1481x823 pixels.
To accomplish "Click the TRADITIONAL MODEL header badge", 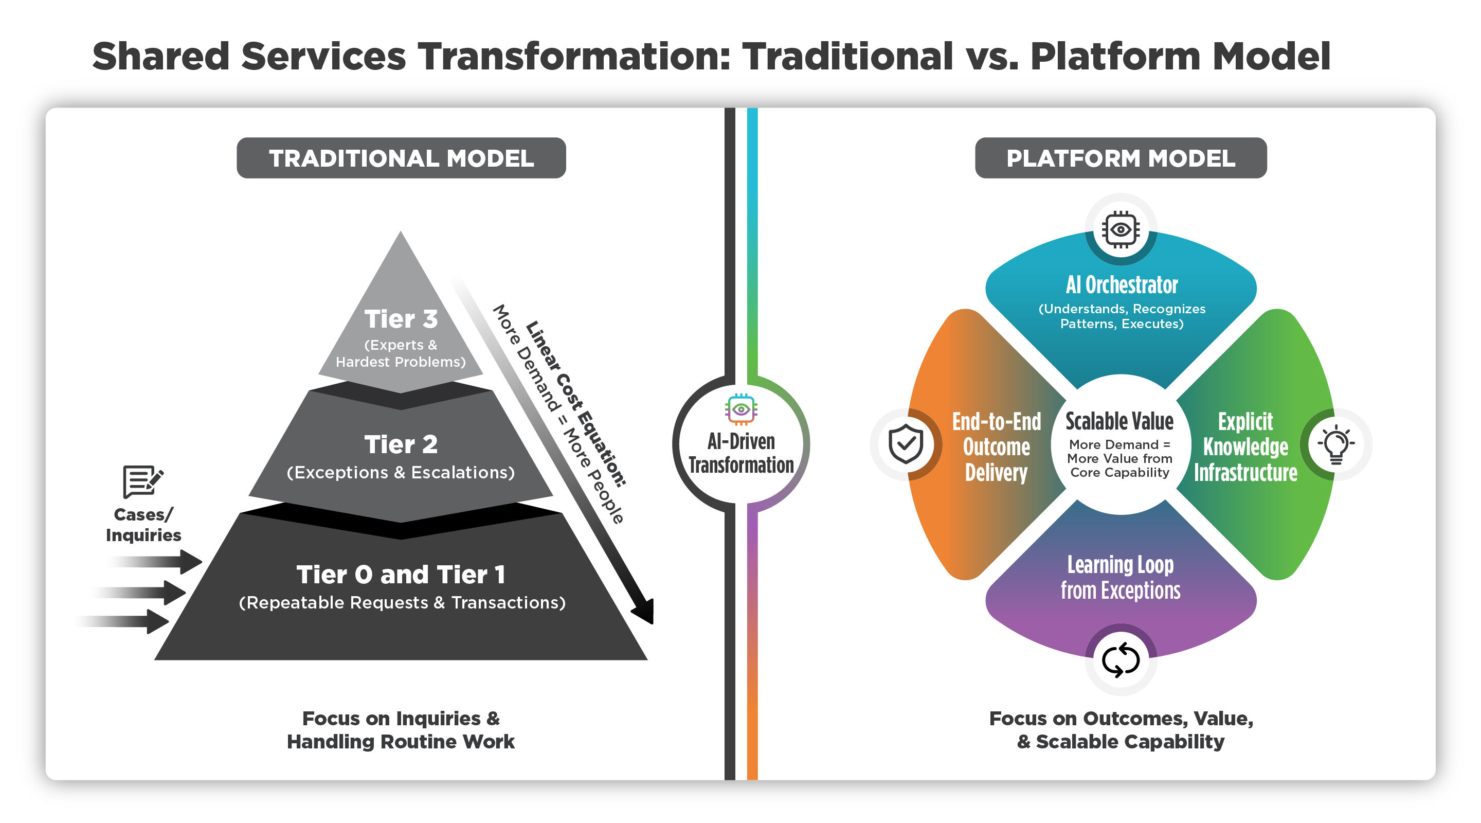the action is coord(401,158).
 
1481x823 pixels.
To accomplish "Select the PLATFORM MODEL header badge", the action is coord(1121,158).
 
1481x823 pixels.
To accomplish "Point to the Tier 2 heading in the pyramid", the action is coord(401,444).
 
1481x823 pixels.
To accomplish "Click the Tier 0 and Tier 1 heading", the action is coord(401,575).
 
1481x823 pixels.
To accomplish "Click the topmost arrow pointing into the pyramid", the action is coord(155,562).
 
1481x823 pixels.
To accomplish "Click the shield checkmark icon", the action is coord(906,444).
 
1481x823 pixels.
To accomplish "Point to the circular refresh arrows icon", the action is coord(1121,659).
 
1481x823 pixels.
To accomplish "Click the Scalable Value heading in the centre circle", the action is coord(1119,422).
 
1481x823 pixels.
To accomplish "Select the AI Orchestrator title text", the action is coord(1122,284).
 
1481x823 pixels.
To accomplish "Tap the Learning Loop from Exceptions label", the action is coord(1121,578).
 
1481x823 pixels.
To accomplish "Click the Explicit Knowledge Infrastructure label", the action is coord(1246,448).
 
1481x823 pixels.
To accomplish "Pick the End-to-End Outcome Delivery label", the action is coord(997,448).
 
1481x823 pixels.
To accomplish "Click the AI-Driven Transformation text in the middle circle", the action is coord(741,453).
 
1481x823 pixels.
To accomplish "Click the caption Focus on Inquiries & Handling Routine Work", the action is coord(401,730).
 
